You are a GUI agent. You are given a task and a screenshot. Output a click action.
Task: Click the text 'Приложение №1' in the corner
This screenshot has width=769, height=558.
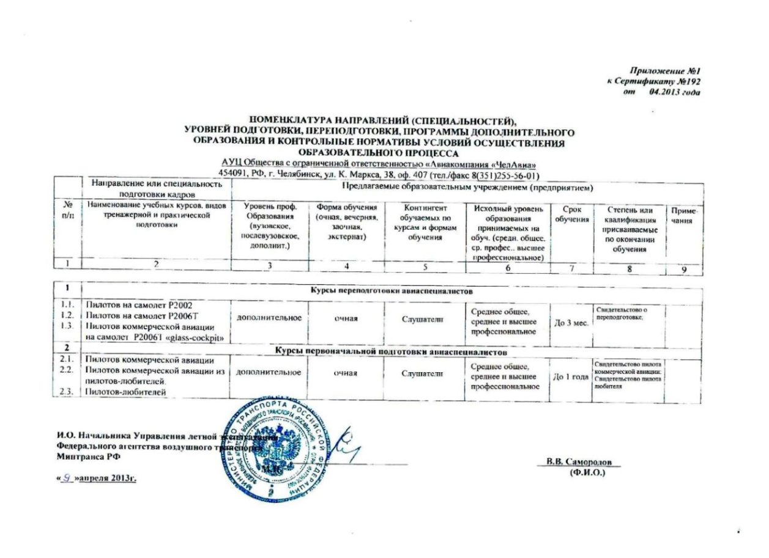pos(666,72)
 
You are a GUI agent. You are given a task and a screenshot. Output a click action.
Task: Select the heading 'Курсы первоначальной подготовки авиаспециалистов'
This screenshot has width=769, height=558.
pos(391,353)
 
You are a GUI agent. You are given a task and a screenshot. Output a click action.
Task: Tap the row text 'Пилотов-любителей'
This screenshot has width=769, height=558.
pos(125,392)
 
